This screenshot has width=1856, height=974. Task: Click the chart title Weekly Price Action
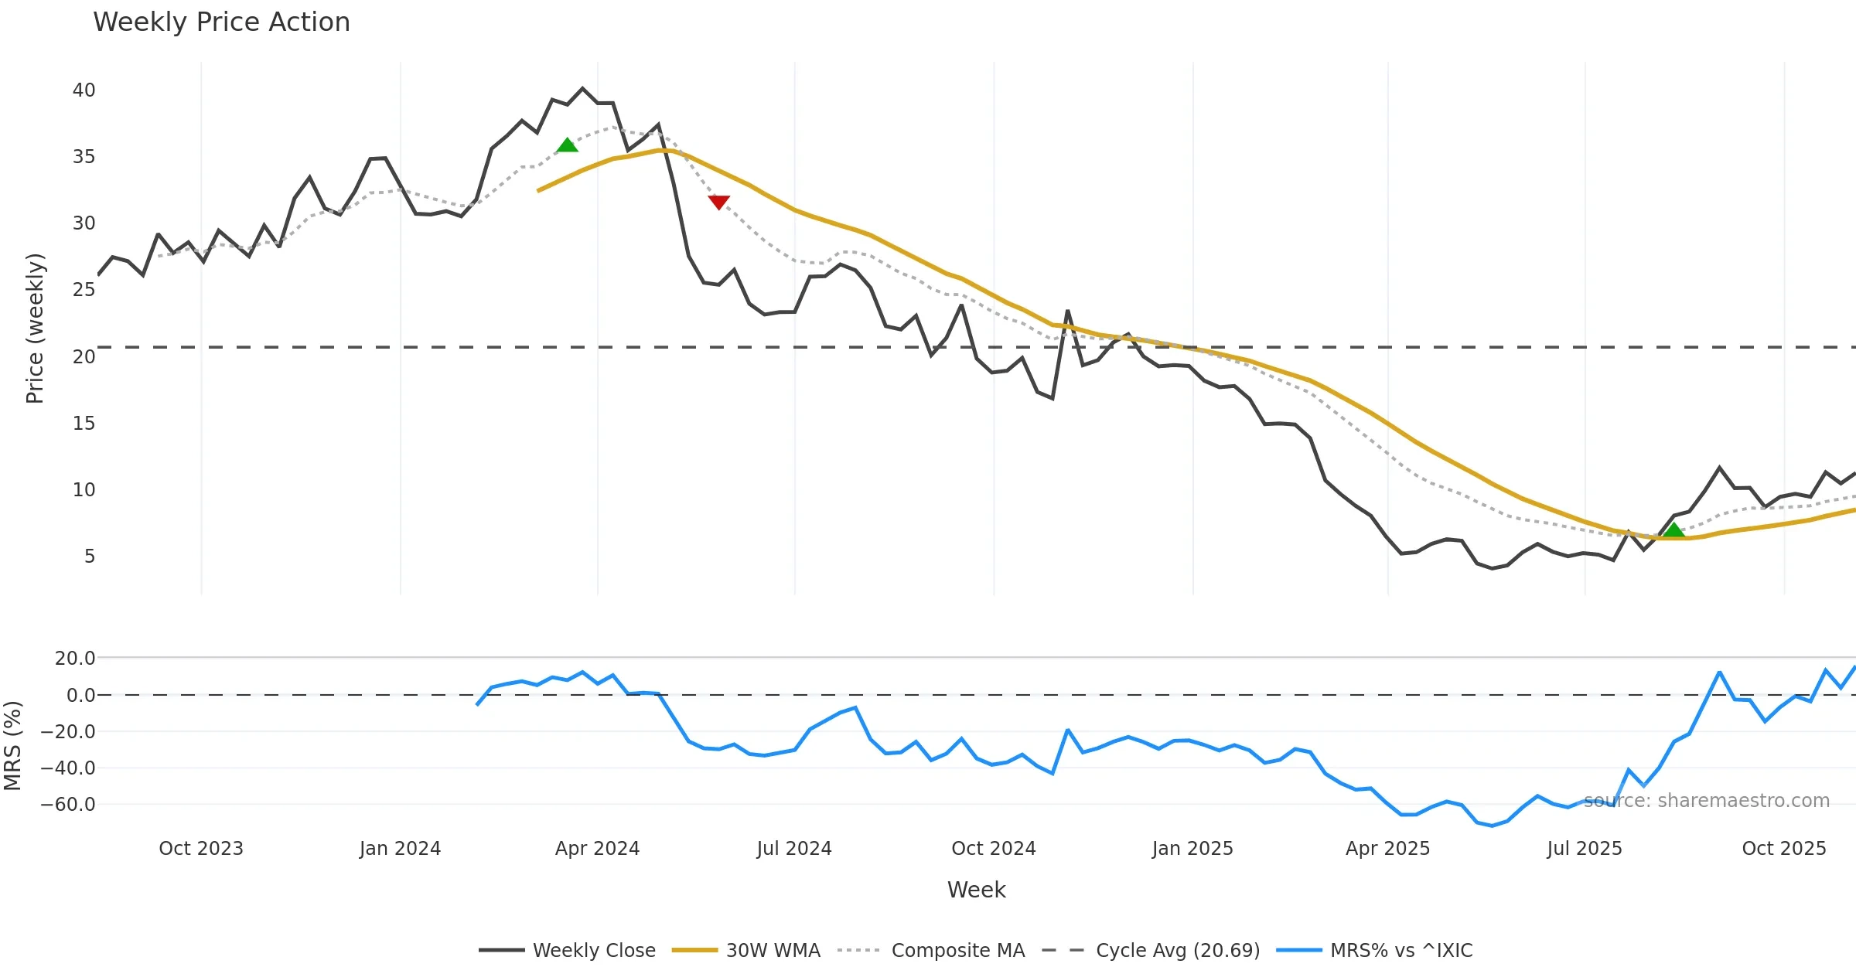221,22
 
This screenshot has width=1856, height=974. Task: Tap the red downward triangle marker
718,202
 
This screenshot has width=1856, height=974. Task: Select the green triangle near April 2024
567,145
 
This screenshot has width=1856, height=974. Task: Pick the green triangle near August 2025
1673,530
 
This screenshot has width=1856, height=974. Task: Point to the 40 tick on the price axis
84,90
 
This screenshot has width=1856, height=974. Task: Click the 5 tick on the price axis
90,557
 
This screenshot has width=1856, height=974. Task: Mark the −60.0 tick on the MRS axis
68,805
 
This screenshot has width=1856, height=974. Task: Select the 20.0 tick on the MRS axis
75,659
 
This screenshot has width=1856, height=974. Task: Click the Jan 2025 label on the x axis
1192,849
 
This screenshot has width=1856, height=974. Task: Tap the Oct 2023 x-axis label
201,849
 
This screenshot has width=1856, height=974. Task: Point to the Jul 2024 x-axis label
794,849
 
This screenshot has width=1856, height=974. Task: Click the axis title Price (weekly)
36,329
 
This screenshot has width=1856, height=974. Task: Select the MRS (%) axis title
13,746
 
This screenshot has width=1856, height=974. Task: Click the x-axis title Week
976,891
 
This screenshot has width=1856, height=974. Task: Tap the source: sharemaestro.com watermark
1706,801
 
